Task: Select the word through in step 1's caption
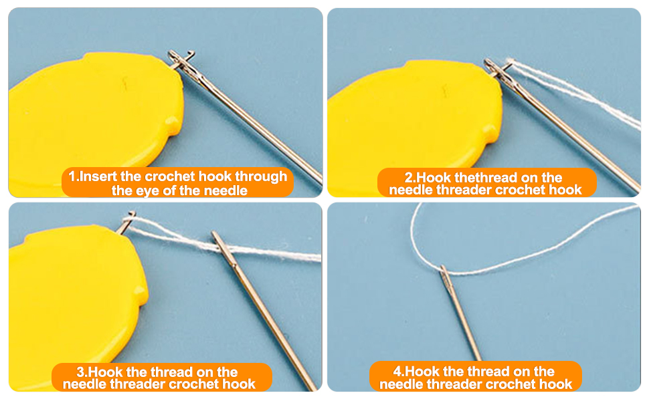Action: [263, 177]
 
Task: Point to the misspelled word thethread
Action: [479, 178]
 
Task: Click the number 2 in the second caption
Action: [410, 178]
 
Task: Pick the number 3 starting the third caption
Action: [82, 372]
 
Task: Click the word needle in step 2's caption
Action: [410, 190]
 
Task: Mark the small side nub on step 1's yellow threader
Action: [173, 122]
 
